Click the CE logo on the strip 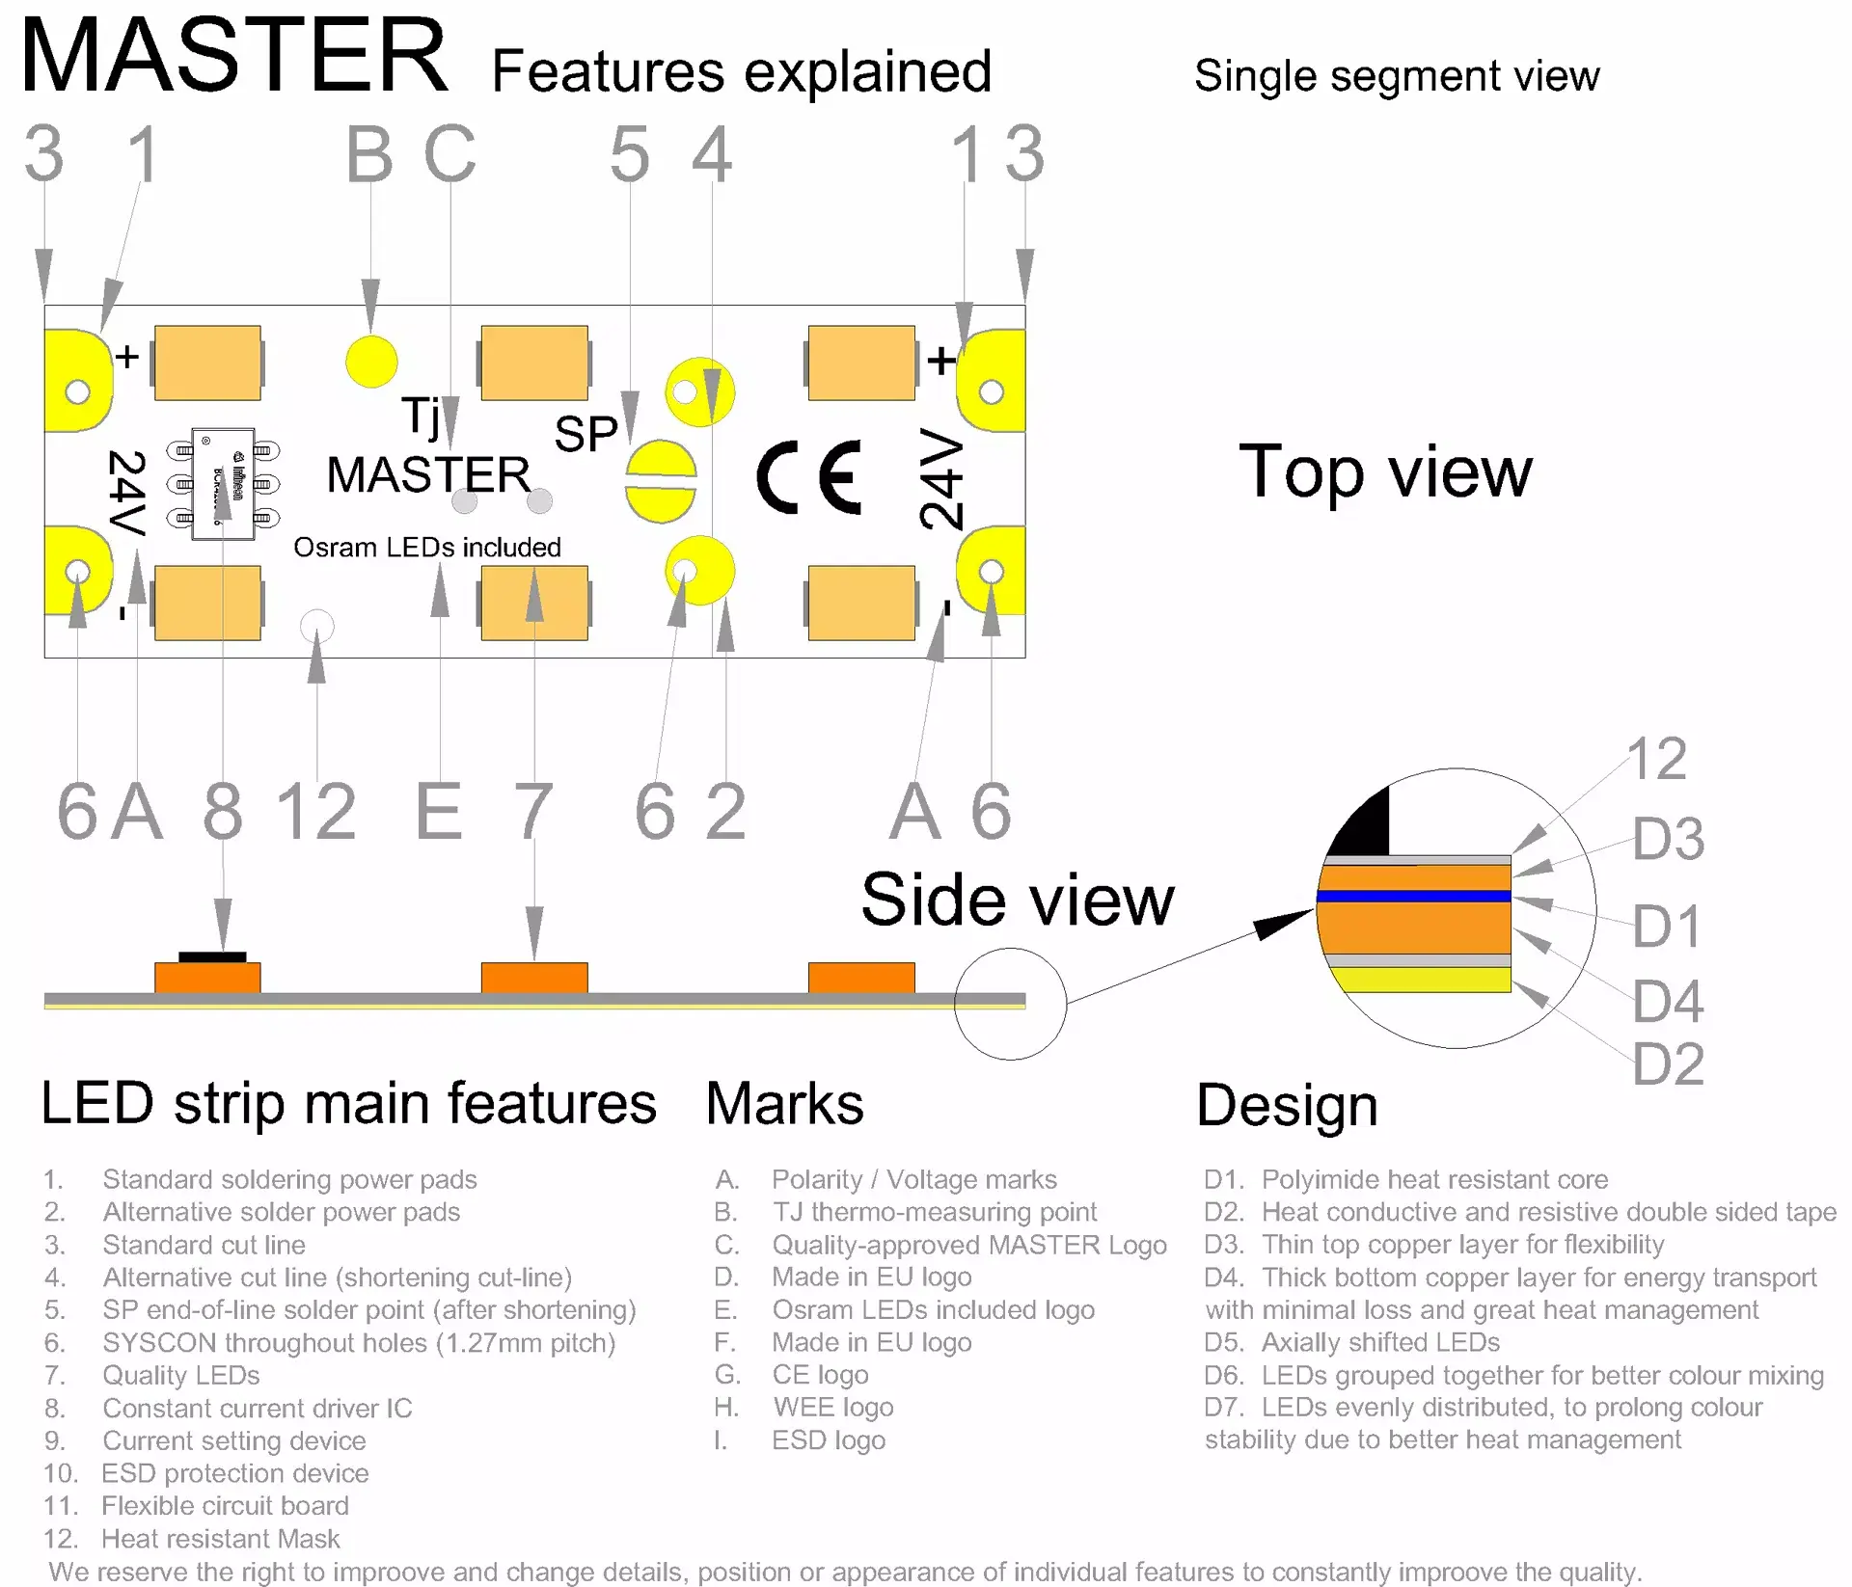[x=808, y=476]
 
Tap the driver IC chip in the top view [x=223, y=484]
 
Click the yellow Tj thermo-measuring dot [x=371, y=361]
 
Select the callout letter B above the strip [x=370, y=154]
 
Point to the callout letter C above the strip [x=449, y=154]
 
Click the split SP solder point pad [x=661, y=481]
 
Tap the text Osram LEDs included [x=426, y=548]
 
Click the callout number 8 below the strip [x=223, y=812]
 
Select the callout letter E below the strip [x=439, y=812]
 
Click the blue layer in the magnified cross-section [x=1413, y=897]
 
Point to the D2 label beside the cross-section [x=1668, y=1064]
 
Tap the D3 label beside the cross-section [x=1668, y=838]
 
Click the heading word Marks [x=784, y=1104]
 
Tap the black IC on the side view [x=212, y=956]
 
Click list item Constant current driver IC [x=257, y=1409]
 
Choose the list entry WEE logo [x=832, y=1408]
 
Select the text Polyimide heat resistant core [x=1433, y=1179]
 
